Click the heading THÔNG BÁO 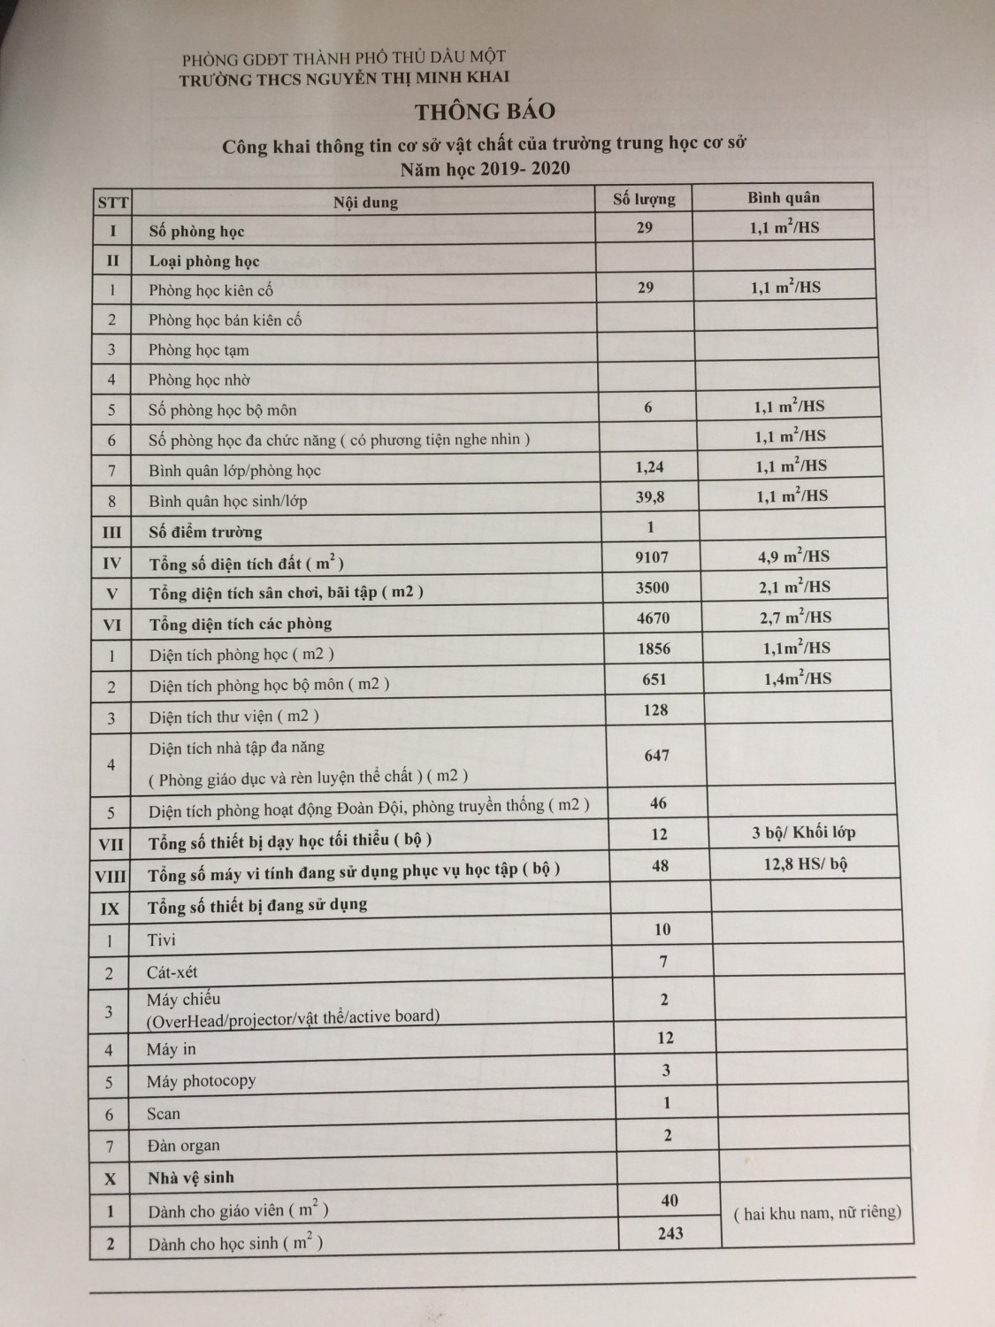tap(486, 111)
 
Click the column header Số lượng tap(644, 198)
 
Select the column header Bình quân tap(784, 197)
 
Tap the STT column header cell tap(112, 203)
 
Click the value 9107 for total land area tap(653, 556)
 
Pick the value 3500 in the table tap(653, 587)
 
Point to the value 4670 tap(654, 617)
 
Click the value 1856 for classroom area tap(654, 648)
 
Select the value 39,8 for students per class tap(650, 497)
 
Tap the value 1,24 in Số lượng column tap(649, 467)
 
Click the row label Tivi tap(162, 940)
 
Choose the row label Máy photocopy tap(202, 1081)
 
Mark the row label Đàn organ tap(183, 1146)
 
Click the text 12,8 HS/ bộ tap(806, 864)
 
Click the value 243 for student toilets tap(670, 1232)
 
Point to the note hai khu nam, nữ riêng tap(817, 1213)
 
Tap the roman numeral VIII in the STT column tap(111, 877)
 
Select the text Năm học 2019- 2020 tap(485, 168)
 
